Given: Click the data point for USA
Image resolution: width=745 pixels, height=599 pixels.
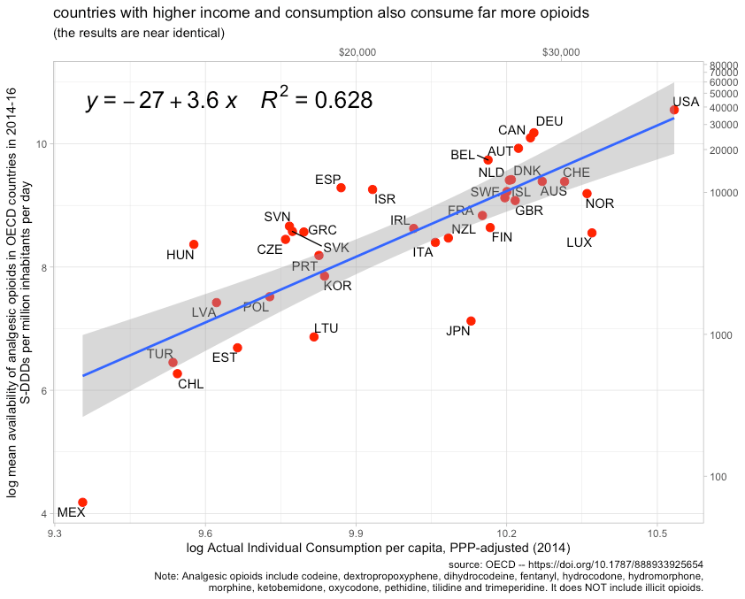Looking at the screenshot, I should [674, 110].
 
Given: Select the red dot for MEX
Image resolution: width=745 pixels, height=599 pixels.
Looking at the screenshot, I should [82, 503].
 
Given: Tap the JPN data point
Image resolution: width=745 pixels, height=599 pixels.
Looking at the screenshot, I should [471, 321].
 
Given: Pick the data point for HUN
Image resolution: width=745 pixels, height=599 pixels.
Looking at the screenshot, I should [194, 244].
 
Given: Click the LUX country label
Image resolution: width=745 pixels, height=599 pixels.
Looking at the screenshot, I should [579, 242].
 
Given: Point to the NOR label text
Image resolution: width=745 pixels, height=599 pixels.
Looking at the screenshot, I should [599, 204].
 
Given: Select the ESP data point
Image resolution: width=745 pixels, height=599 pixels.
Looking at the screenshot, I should [341, 188].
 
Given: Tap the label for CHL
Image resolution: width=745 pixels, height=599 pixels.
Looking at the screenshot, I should [190, 384].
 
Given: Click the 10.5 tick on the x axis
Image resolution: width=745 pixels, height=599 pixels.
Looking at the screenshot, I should [657, 534].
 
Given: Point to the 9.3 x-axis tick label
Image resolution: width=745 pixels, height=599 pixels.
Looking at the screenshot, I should [55, 534].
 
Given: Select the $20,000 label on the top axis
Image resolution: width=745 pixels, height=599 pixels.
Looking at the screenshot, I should [357, 52].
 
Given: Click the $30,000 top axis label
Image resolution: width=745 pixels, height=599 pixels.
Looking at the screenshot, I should [560, 52].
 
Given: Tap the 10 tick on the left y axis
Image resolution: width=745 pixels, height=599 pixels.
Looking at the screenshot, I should [41, 144].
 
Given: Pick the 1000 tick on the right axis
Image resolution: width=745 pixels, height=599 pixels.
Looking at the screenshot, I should [722, 335].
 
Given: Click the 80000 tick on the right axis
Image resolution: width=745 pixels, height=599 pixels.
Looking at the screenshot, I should [724, 65].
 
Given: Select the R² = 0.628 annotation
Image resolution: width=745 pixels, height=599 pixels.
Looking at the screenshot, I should [316, 101].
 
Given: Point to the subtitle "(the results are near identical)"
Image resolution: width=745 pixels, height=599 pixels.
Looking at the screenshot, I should [139, 34].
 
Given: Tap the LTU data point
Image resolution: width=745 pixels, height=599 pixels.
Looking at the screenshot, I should [314, 337].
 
